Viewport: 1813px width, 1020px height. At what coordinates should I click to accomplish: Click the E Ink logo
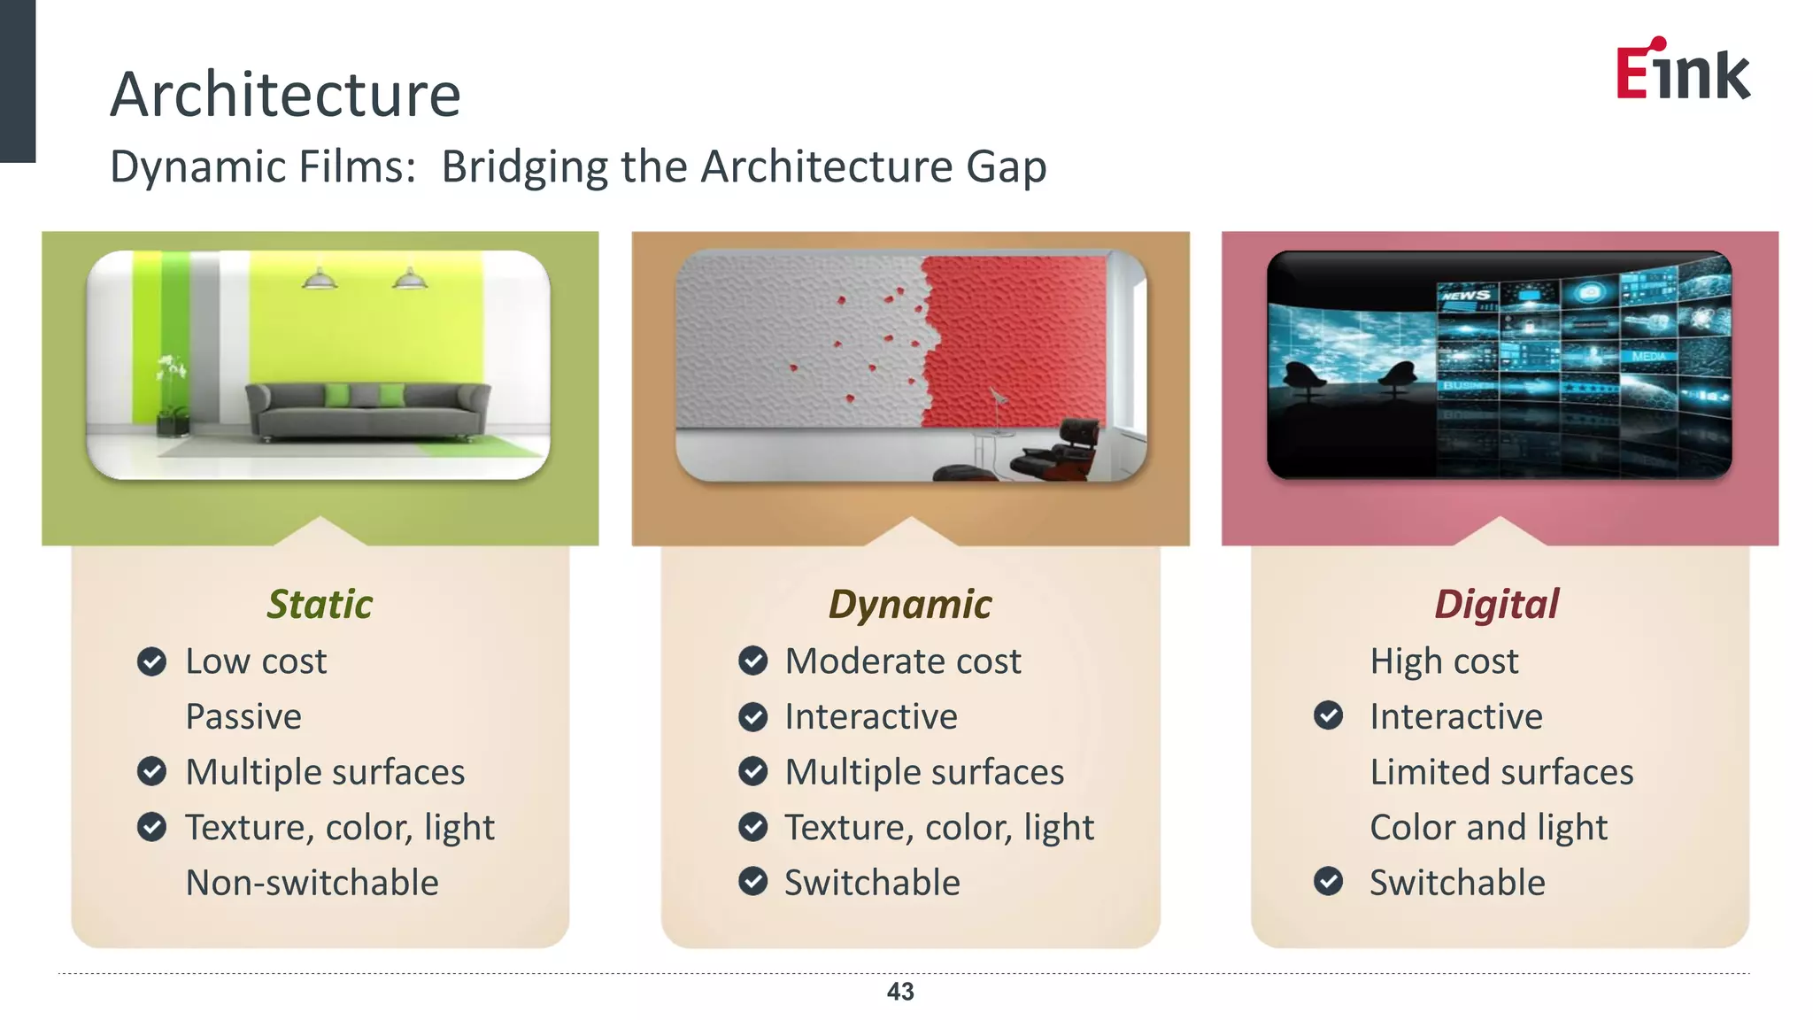1682,71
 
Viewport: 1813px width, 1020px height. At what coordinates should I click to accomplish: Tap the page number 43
900,992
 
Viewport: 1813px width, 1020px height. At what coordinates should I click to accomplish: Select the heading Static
320,605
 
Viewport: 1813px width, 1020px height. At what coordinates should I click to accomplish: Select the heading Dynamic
910,605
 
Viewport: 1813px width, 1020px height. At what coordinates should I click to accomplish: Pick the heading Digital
1496,605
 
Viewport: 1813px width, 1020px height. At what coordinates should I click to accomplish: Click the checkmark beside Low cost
152,661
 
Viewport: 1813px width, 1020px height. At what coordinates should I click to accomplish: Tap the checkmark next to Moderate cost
753,661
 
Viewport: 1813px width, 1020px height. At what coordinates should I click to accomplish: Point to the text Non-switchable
312,883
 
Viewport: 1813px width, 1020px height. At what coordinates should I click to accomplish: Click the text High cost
1444,661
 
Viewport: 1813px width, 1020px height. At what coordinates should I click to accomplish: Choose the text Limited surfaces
1501,772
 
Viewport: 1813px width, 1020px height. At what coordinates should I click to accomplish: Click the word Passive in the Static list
243,716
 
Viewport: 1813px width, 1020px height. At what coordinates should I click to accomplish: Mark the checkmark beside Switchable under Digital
1328,882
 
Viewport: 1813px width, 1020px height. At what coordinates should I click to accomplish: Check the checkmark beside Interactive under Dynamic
753,716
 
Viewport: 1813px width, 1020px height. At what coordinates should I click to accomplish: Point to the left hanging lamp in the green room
319,280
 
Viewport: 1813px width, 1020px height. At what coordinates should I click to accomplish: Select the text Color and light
1488,827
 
